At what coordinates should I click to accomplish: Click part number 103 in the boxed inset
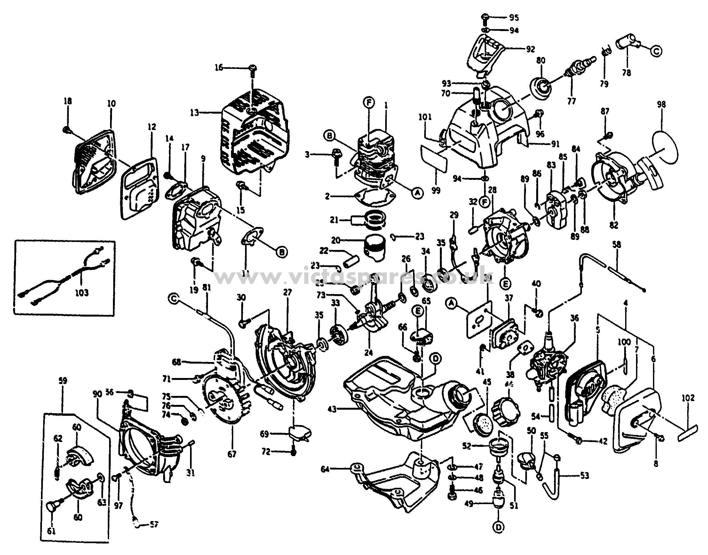(82, 293)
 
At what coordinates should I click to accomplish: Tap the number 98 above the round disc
(661, 105)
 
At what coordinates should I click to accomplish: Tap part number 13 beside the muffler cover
(195, 113)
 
